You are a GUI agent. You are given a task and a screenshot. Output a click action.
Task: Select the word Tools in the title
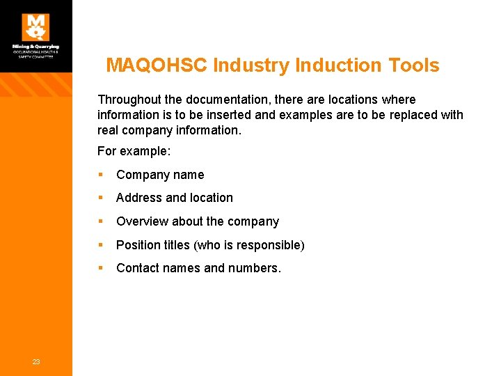pos(415,65)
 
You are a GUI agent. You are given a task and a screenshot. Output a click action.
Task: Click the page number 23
pos(36,361)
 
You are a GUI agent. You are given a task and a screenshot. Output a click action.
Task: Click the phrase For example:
pos(134,151)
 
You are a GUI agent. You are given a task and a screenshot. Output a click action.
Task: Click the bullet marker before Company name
pos(102,175)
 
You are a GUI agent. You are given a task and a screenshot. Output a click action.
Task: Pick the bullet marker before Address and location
pos(102,198)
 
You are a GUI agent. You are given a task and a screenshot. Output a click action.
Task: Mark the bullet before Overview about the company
pos(102,221)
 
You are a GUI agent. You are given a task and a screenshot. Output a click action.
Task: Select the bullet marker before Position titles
pos(102,244)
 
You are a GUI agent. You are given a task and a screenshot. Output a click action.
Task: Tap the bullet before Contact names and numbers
pos(102,268)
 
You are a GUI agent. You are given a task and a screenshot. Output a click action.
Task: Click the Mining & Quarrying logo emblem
pos(35,27)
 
